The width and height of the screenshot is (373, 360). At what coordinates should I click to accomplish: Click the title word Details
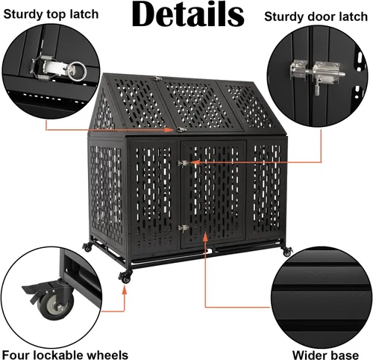tap(188, 14)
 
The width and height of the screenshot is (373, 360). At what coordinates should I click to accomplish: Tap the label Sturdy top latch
tap(51, 14)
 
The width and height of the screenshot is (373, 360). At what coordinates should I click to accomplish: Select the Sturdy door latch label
tap(316, 17)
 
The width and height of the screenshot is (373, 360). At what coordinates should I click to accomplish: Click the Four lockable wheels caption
tap(65, 355)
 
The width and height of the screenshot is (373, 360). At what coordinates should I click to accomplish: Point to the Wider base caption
tap(325, 355)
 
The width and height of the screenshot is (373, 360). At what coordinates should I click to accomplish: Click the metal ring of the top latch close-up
tap(77, 72)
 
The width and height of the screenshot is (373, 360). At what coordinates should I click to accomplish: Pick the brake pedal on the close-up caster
tap(37, 288)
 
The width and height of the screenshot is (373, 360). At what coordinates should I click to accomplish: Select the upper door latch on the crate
tap(183, 164)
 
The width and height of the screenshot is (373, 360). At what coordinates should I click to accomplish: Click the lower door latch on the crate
tap(183, 228)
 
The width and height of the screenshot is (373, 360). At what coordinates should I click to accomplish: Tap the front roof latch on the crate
tap(181, 129)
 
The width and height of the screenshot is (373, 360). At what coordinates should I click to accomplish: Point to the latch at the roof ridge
tap(157, 78)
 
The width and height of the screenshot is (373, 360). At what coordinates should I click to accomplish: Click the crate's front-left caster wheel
tap(125, 277)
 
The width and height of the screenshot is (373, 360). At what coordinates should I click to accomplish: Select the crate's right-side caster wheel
tap(287, 252)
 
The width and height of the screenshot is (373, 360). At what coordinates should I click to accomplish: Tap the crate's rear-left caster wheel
tap(87, 247)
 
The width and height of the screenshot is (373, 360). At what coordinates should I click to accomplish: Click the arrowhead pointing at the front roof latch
tap(170, 129)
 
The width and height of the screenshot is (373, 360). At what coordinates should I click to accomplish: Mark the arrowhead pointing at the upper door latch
tap(195, 162)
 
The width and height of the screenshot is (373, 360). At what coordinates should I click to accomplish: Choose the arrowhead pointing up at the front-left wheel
tap(125, 290)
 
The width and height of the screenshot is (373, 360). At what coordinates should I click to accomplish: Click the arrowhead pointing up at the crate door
tap(205, 237)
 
